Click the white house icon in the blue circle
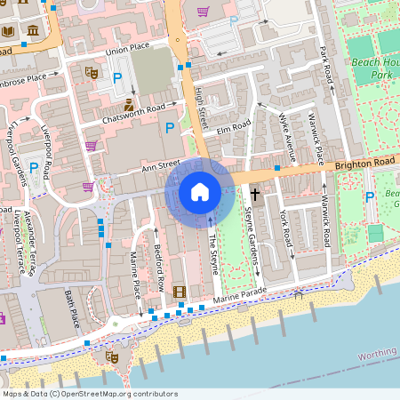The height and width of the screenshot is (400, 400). point(200,191)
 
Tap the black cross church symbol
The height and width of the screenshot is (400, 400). point(255,193)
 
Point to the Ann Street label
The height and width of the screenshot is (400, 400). point(161,165)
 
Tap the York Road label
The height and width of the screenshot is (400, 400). point(285,228)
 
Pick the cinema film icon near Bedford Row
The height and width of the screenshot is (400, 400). point(180,292)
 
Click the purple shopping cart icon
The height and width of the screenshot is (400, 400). point(203,12)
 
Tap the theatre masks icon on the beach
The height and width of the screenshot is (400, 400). point(112,356)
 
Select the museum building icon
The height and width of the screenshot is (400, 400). point(33,32)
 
